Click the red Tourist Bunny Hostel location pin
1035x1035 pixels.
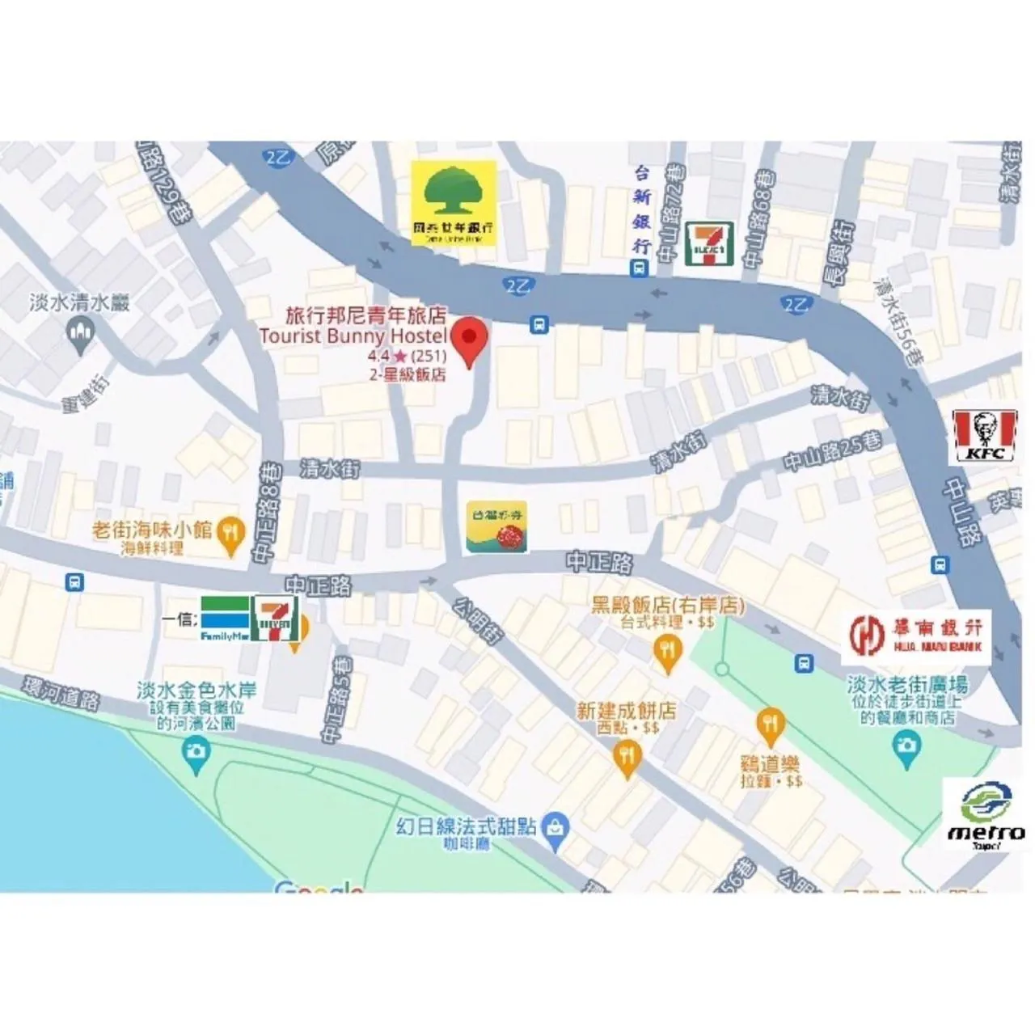click(469, 343)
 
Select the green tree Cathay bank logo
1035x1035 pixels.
click(454, 202)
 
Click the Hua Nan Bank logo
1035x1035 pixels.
click(917, 634)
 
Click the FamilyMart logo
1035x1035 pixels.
click(224, 620)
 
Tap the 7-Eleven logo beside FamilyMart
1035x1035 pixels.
click(276, 619)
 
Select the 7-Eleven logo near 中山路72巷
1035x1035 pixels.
click(709, 243)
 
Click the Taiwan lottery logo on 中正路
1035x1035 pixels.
click(496, 527)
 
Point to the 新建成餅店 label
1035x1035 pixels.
click(627, 711)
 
